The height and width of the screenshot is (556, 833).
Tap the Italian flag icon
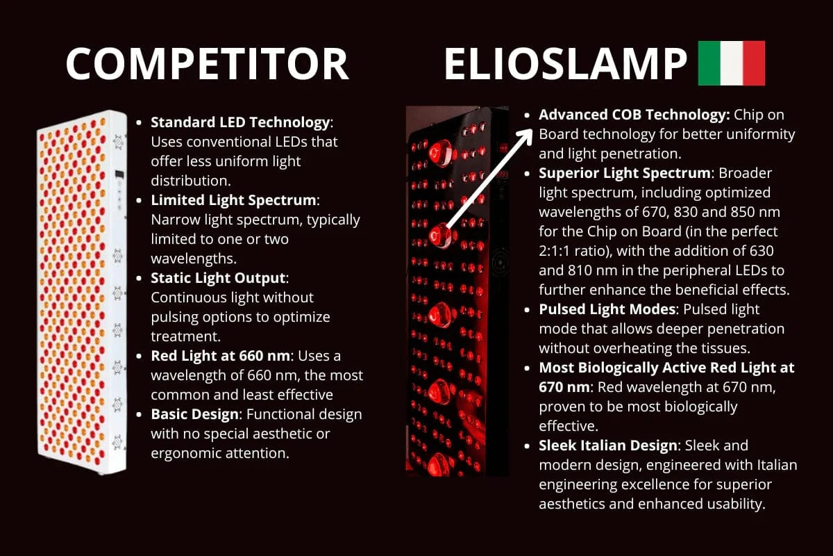coord(731,63)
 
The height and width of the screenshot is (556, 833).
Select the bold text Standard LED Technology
coord(240,123)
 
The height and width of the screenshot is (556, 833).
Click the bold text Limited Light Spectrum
coord(233,201)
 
